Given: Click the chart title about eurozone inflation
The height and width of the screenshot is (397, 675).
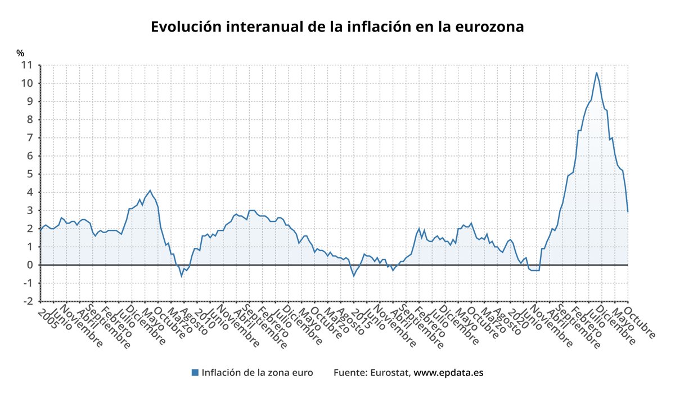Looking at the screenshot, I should (337, 27).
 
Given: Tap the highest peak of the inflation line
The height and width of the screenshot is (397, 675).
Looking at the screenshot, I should (597, 73).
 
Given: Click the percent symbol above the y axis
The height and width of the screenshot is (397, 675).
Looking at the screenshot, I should (20, 53).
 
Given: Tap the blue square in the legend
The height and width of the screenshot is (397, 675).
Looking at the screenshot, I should (195, 372).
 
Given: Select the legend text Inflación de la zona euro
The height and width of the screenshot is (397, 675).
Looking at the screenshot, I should (257, 372).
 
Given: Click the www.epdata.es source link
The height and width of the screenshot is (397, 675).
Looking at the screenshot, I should (448, 372).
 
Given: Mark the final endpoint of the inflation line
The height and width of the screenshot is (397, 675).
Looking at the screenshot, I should (628, 211).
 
